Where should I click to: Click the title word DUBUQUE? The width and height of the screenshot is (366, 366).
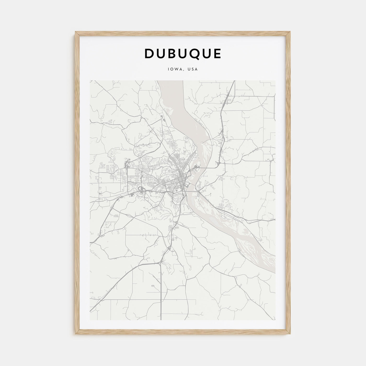[x=183, y=54]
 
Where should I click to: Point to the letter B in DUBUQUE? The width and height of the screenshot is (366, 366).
[x=173, y=54]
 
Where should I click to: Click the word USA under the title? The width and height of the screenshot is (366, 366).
[x=193, y=69]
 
